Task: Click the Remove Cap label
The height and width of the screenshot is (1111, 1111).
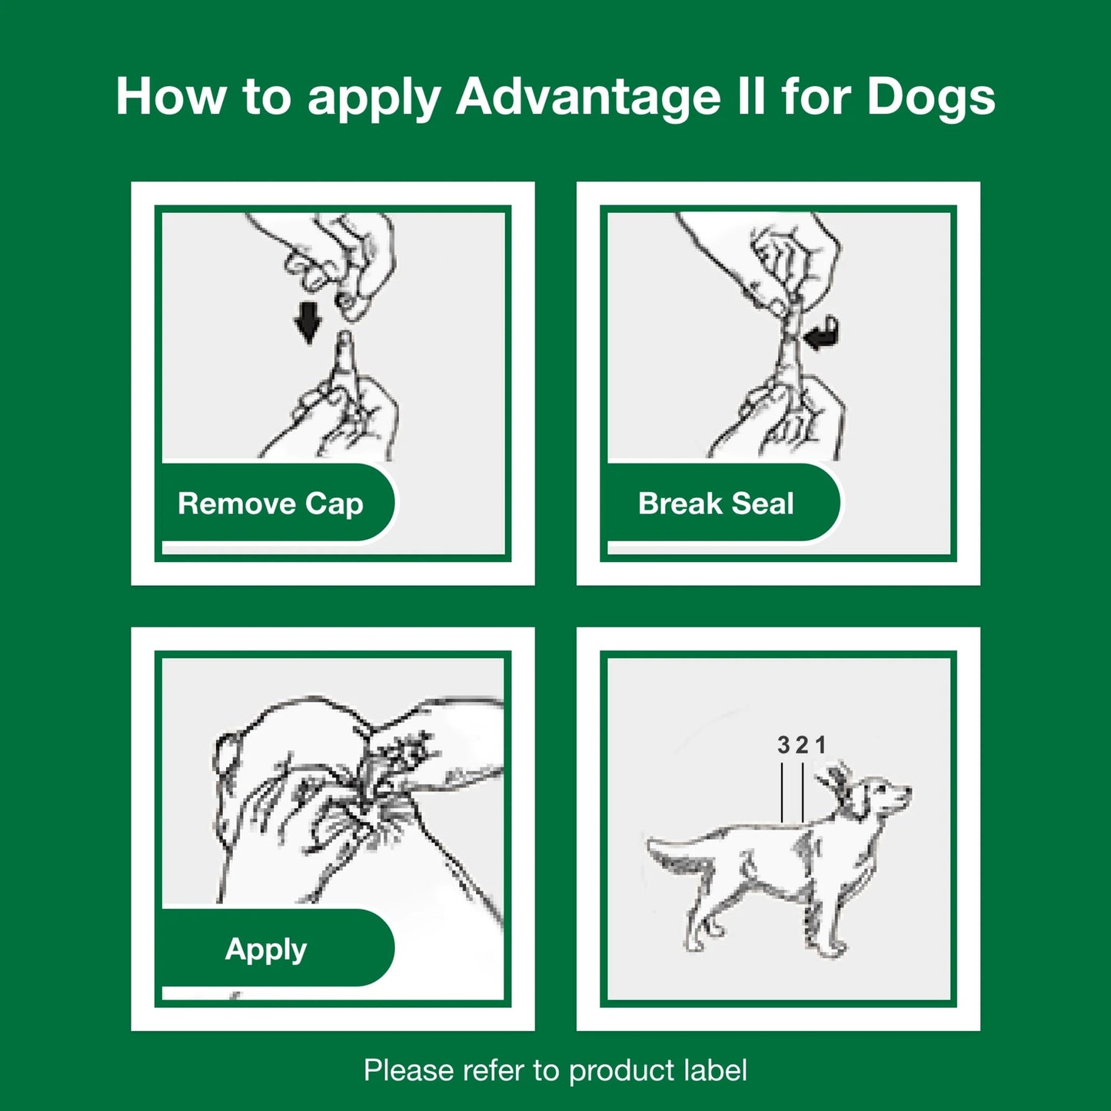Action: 271,504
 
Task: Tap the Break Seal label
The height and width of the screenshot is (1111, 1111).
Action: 716,504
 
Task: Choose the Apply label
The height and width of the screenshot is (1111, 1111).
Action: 266,949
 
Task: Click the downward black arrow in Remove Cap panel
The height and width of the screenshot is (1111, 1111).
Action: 308,321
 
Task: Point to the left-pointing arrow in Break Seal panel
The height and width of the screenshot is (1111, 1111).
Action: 821,334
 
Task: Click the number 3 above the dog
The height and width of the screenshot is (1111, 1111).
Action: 783,744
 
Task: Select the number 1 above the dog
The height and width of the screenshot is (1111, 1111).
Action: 820,744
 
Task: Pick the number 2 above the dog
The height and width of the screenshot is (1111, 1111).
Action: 802,744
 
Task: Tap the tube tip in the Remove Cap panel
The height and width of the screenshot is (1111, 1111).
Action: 344,342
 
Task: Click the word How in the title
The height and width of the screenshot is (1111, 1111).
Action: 171,98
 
